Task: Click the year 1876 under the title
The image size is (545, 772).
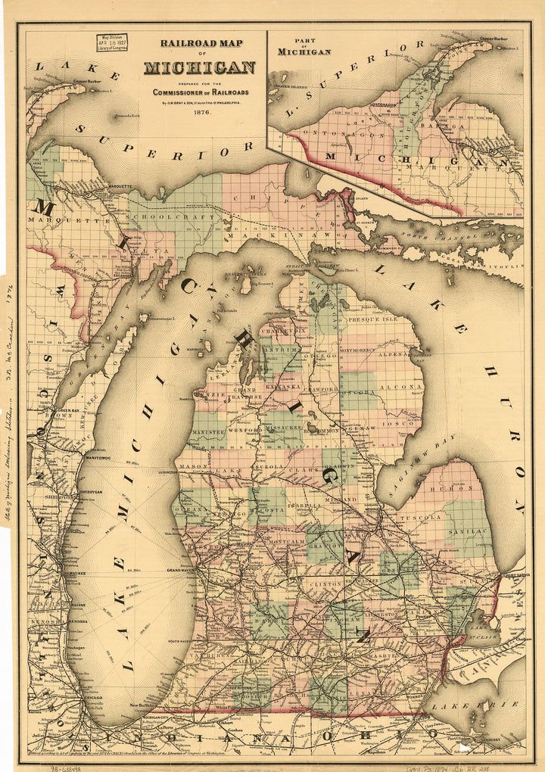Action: click(x=201, y=113)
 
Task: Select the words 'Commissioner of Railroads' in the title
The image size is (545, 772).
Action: click(x=201, y=92)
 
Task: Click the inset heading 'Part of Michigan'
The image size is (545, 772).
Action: click(x=304, y=48)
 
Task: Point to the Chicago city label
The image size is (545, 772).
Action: click(x=97, y=696)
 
